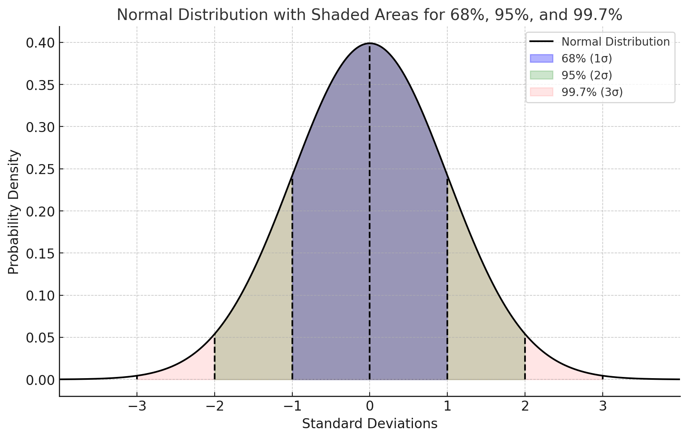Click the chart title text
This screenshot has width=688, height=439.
click(369, 15)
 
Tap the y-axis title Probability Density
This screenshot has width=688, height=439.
click(14, 212)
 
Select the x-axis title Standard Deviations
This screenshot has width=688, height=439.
click(369, 423)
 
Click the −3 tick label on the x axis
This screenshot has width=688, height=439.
click(137, 406)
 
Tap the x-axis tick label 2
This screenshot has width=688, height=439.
click(525, 406)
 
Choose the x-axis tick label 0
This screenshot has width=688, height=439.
click(369, 406)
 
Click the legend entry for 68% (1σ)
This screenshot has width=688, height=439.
click(586, 58)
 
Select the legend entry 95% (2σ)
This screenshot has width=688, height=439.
click(586, 75)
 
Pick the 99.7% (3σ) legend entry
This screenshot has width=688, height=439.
click(591, 92)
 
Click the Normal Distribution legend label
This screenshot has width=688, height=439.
click(615, 42)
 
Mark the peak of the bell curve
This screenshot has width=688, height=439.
click(369, 43)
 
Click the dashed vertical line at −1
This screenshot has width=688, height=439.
click(292, 280)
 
